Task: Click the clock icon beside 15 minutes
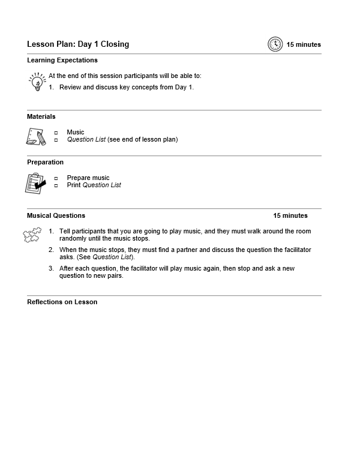click(x=275, y=44)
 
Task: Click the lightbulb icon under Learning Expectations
click(x=37, y=81)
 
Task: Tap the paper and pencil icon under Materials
click(x=35, y=136)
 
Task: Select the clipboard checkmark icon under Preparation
click(x=35, y=182)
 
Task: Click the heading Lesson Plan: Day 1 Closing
click(x=78, y=44)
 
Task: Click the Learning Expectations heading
click(x=62, y=60)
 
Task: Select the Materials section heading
click(x=41, y=116)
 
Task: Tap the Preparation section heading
click(x=45, y=162)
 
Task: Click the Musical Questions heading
click(x=56, y=215)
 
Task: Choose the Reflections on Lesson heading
click(x=62, y=302)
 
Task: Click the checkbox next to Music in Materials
click(x=56, y=133)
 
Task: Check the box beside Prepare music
click(x=56, y=178)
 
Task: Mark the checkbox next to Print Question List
click(x=56, y=185)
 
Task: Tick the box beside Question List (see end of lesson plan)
click(x=56, y=140)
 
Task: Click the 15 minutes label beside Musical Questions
click(x=290, y=215)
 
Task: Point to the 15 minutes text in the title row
click(x=304, y=44)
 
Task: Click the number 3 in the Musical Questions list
click(x=52, y=269)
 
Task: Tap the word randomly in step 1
click(x=73, y=238)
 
